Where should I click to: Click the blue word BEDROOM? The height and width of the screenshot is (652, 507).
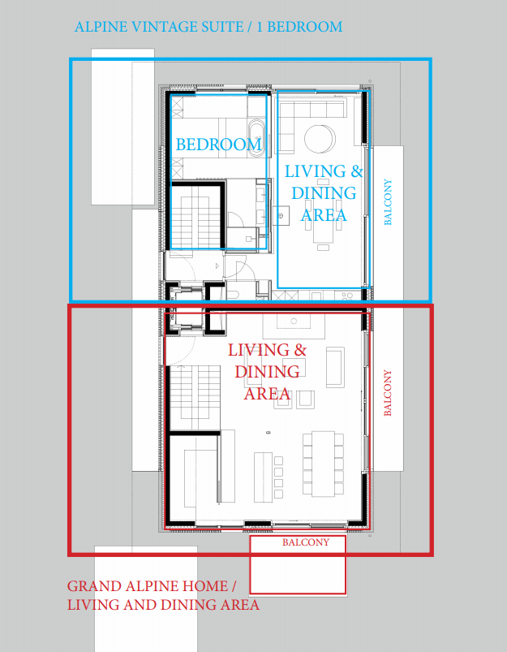click(218, 145)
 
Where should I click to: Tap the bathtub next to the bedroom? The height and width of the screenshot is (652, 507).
click(256, 137)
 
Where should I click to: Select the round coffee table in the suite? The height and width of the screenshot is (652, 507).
click(318, 138)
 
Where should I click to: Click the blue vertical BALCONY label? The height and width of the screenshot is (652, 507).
click(388, 202)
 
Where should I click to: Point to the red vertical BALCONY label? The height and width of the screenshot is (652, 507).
click(388, 393)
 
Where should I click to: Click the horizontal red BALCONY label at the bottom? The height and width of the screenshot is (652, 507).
click(306, 542)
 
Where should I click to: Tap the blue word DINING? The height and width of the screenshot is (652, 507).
click(324, 193)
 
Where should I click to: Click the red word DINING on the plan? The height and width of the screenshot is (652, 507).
click(268, 372)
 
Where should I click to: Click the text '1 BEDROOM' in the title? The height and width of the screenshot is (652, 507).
click(299, 27)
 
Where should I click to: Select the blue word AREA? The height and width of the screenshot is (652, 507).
click(324, 214)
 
